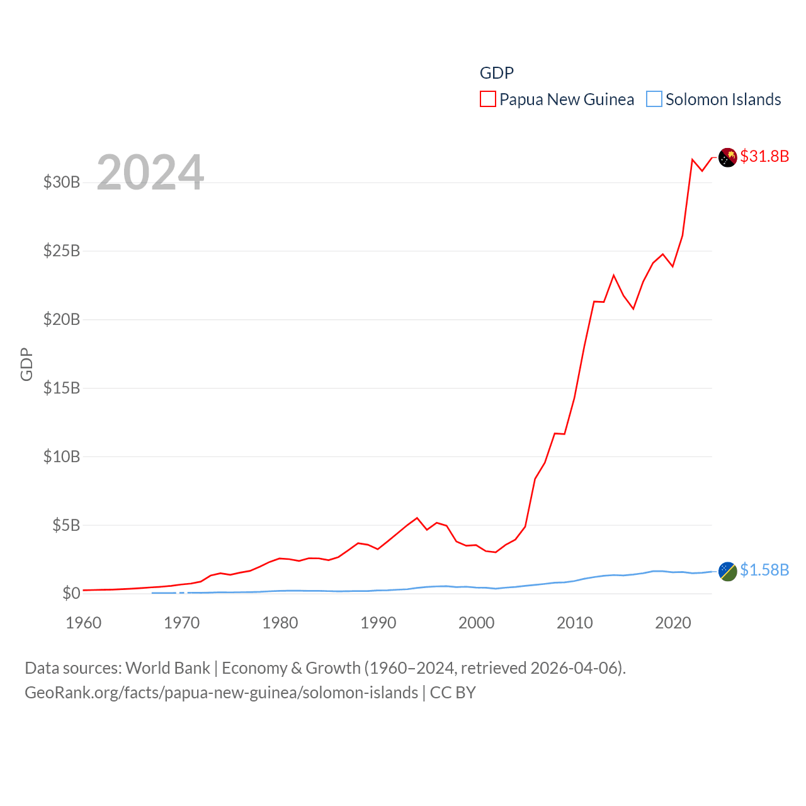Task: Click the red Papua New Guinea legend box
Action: pos(488,99)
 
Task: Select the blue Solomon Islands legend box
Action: pos(654,99)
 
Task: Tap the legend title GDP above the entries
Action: pos(496,73)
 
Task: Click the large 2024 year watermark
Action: pos(150,172)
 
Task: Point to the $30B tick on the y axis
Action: pos(62,183)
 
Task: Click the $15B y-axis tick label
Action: pos(62,388)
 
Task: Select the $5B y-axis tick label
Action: pos(66,525)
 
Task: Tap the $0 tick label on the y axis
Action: pos(71,593)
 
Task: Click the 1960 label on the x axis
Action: pos(84,623)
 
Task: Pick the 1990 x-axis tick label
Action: pos(378,623)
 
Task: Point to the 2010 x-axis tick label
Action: pos(575,623)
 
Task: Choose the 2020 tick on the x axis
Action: pos(673,623)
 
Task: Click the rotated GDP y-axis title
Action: pos(26,364)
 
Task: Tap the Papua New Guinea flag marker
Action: pos(727,157)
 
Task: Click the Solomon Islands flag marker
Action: pos(727,571)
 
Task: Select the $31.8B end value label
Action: pos(764,156)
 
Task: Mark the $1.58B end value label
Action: pos(764,570)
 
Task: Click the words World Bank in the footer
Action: pos(167,668)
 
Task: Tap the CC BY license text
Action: pos(453,693)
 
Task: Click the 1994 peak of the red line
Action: pos(417,518)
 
